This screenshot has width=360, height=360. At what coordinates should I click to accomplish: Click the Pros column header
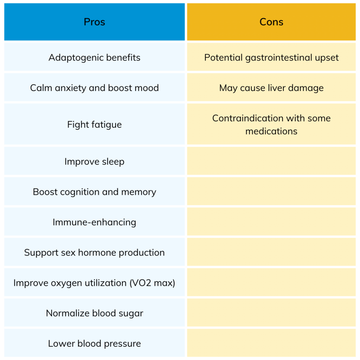pos(94,22)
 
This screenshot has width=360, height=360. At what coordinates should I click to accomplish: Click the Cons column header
pos(271,22)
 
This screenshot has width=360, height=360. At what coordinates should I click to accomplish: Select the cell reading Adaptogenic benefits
pos(94,57)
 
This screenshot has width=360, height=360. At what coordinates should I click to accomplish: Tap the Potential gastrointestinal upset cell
pos(271,57)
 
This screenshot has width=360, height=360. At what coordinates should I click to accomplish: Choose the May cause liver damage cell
pos(271,88)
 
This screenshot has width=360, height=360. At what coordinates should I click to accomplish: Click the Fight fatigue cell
pos(94,124)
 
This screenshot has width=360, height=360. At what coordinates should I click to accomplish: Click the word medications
pos(271,131)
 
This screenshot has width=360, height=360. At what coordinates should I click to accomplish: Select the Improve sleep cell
pos(94,161)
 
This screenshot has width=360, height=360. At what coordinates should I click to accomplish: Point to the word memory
pos(139,192)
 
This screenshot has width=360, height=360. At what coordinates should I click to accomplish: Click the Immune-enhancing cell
pos(94,222)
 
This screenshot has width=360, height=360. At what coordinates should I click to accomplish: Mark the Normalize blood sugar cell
pos(94,313)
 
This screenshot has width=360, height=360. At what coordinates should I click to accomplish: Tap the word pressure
pos(122,344)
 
